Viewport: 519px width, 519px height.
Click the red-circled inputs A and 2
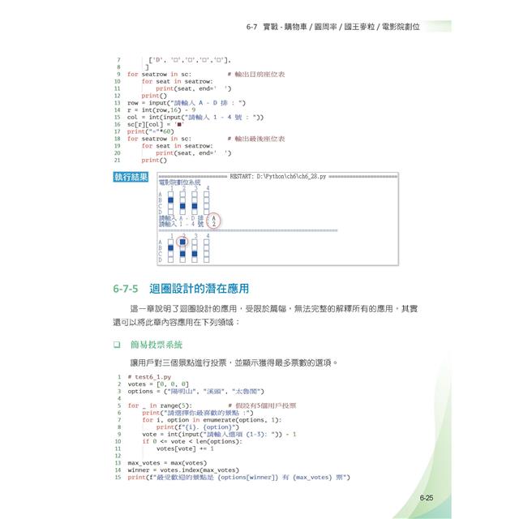(213, 220)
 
